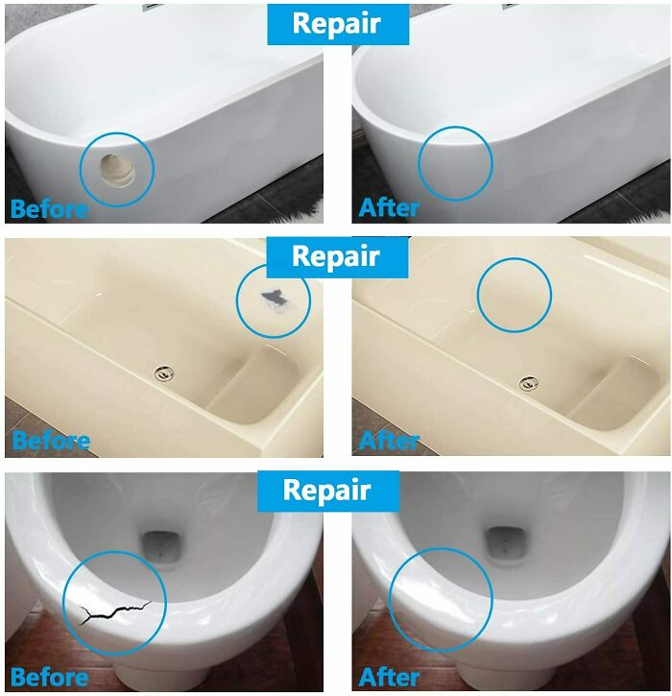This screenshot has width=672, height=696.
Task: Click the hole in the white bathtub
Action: [117, 170]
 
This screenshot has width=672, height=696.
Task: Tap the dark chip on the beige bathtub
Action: [273, 298]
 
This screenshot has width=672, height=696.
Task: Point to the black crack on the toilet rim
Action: [114, 612]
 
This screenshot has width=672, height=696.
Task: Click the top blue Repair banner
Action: [338, 24]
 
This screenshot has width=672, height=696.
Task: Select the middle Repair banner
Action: [337, 257]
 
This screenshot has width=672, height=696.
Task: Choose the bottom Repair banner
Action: [328, 491]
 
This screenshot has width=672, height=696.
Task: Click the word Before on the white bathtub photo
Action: [49, 208]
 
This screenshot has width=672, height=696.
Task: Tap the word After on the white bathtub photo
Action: [389, 207]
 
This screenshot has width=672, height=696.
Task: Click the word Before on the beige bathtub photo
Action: [51, 441]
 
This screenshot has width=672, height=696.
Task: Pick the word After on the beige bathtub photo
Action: [389, 441]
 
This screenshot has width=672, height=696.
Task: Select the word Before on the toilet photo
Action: [49, 678]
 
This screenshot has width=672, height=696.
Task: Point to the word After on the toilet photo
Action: [389, 678]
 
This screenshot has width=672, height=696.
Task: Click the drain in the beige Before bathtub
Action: [164, 373]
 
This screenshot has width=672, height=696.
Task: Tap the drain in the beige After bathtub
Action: [529, 383]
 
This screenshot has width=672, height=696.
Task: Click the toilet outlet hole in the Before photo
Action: [161, 547]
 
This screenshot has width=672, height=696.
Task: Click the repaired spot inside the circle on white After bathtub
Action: [455, 163]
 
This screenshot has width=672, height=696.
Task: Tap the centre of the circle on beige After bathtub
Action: [515, 295]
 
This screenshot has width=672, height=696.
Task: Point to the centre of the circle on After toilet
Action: [441, 600]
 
